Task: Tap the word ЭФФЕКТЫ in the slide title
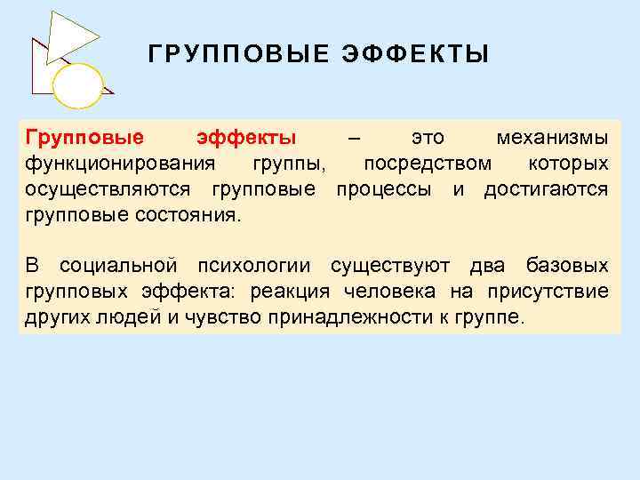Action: pos(415,56)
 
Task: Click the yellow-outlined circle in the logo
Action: pos(77,84)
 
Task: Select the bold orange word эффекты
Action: pos(245,139)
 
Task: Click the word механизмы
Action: pos(552,139)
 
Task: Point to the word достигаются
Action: pos(546,190)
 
